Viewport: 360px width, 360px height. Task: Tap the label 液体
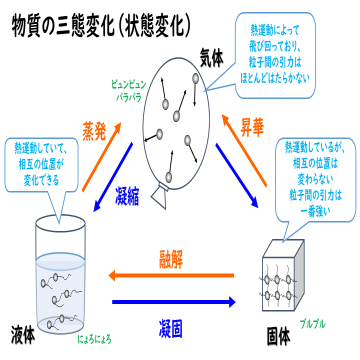pyautogui.click(x=22, y=334)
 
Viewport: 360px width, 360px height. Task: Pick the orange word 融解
pyautogui.click(x=172, y=260)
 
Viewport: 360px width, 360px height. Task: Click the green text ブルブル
pyautogui.click(x=312, y=324)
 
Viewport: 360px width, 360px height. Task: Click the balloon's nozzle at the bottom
pyautogui.click(x=161, y=194)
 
